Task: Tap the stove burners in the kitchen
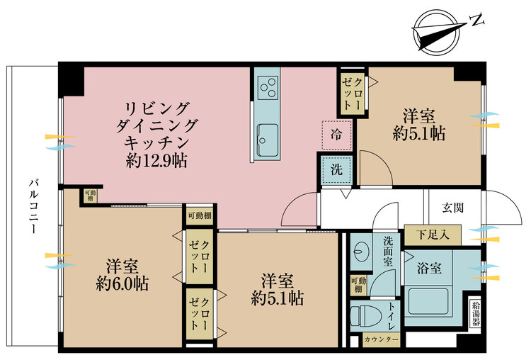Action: pos(268,87)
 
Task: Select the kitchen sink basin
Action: pos(268,140)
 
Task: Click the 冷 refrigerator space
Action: pos(336,135)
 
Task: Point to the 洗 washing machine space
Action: pos(336,169)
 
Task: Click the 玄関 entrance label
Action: pos(453,208)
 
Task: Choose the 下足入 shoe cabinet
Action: pos(433,235)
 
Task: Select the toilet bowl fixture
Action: pos(363,317)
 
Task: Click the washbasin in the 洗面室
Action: pos(360,251)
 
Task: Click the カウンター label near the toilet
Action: pos(382,339)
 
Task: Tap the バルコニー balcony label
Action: pos(33,207)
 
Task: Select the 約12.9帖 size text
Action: pos(156,160)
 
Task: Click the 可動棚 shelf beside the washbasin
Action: pos(358,285)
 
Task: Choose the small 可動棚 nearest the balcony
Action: pos(91,196)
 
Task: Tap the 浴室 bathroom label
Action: pos(429,268)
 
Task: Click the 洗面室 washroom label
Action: pos(388,251)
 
